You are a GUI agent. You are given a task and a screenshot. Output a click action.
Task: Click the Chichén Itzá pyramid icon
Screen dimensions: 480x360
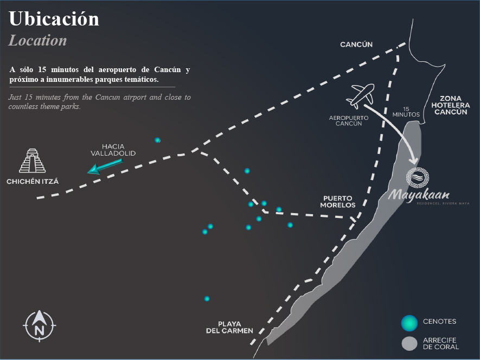[32, 160]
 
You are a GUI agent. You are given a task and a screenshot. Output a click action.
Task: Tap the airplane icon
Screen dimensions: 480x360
[360, 96]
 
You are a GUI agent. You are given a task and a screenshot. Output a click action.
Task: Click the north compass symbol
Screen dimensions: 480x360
[39, 326]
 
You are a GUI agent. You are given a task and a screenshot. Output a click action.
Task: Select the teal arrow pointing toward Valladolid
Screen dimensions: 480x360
[105, 167]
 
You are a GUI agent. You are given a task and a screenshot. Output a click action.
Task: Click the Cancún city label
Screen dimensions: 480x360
[356, 44]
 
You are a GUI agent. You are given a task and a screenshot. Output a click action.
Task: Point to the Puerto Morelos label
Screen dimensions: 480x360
[338, 202]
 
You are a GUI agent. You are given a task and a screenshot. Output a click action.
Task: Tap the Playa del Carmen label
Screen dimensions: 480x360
[229, 327]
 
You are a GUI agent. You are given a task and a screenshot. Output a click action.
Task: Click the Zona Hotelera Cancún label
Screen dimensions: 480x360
[450, 105]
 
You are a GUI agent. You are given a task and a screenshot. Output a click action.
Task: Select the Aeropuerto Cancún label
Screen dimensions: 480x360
[349, 120]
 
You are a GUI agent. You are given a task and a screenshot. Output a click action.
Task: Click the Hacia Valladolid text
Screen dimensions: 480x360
[113, 150]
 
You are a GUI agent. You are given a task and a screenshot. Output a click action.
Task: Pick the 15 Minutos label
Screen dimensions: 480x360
[406, 112]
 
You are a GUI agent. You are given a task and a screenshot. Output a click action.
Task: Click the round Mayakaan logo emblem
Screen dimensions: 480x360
[418, 177]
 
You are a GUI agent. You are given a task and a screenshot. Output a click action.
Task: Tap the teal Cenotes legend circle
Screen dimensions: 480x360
[409, 323]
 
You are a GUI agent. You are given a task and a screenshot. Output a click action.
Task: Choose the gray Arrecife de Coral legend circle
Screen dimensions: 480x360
[409, 344]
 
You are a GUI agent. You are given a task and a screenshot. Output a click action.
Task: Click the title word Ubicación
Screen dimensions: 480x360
[54, 19]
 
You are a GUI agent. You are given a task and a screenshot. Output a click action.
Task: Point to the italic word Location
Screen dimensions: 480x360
[37, 41]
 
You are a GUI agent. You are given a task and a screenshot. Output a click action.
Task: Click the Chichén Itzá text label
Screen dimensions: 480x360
[33, 182]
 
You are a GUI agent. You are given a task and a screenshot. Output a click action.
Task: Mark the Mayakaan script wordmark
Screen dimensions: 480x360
[419, 195]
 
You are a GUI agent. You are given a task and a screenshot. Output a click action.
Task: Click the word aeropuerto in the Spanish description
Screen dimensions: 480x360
[117, 70]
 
